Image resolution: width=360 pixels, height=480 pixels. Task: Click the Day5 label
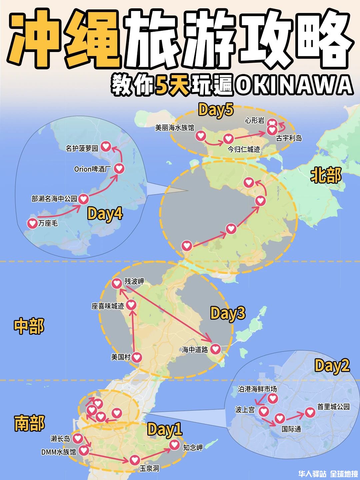pyautogui.click(x=215, y=110)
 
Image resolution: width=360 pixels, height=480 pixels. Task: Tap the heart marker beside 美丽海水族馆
pyautogui.click(x=200, y=136)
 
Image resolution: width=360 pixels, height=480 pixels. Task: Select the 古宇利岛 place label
pyautogui.click(x=289, y=138)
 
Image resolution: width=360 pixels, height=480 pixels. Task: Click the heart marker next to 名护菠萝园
pyautogui.click(x=106, y=146)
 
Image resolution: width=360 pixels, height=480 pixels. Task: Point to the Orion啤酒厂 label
pyautogui.click(x=92, y=169)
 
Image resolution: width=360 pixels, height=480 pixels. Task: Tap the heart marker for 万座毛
pyautogui.click(x=32, y=223)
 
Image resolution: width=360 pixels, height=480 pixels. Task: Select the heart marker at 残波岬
pyautogui.click(x=117, y=283)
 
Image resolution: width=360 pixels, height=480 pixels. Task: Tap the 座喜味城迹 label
pyautogui.click(x=108, y=306)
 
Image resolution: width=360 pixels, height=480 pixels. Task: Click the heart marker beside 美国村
pyautogui.click(x=137, y=357)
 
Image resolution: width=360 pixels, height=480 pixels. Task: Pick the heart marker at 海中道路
pyautogui.click(x=216, y=349)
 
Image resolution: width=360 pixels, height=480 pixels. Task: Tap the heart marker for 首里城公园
pyautogui.click(x=310, y=413)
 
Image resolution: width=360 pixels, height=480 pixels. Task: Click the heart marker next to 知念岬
pyautogui.click(x=174, y=445)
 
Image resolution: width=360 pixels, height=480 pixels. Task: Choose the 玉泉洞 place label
pyautogui.click(x=149, y=468)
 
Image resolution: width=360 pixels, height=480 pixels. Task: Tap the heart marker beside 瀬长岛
pyautogui.click(x=78, y=438)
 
